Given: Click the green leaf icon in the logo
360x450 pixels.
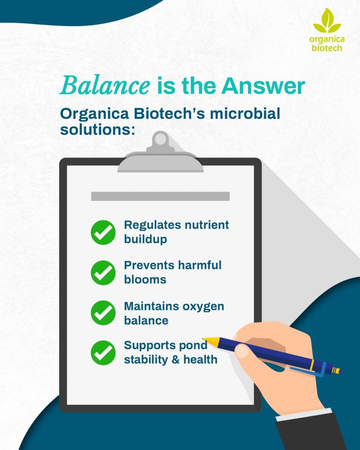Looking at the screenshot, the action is (x=327, y=21).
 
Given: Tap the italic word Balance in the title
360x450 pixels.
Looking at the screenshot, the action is (x=105, y=85).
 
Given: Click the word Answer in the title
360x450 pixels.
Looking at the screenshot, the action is (x=263, y=86).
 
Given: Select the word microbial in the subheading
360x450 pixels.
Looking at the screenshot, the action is (x=245, y=113).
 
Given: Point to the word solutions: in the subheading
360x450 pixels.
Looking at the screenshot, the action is (x=97, y=129).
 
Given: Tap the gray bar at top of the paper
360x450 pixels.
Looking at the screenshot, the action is (x=160, y=196).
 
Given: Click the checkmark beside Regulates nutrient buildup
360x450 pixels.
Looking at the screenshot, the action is (x=103, y=232).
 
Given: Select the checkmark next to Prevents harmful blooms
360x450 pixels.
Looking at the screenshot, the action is (x=103, y=273).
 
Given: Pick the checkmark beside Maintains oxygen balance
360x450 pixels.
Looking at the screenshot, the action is (x=103, y=313).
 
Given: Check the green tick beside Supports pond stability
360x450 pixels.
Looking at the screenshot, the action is (x=103, y=352).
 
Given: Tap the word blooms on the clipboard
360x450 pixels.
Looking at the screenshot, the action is (x=145, y=279).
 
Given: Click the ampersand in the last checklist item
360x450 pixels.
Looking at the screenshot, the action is (x=176, y=360).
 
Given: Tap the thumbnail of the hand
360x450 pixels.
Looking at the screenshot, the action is (x=242, y=351).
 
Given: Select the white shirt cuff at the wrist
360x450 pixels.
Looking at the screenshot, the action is (x=304, y=415).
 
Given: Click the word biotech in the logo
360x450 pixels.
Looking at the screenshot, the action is (x=327, y=48).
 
